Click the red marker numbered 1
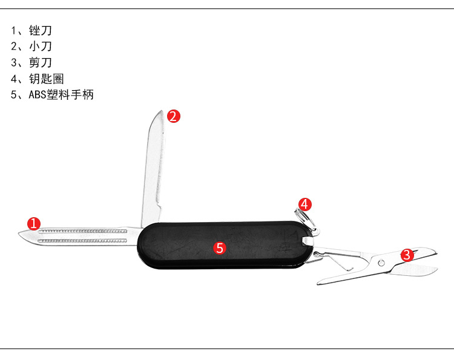34,223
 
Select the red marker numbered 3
407,255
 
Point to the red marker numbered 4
304,204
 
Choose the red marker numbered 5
220,247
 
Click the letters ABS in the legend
38,95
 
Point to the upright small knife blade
154,163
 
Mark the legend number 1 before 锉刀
13,30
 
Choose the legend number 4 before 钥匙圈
14,79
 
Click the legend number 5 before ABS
14,95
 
